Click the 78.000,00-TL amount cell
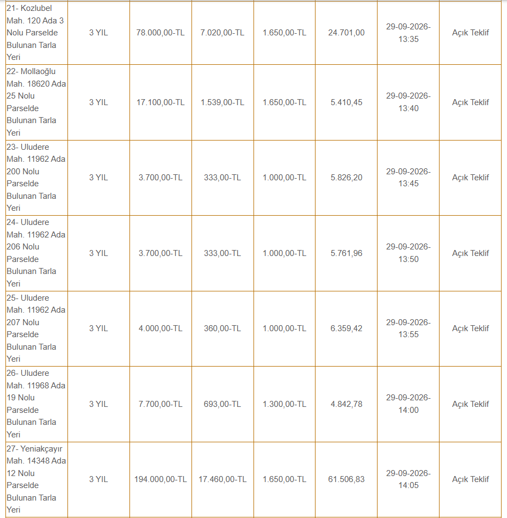160,33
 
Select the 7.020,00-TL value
222,33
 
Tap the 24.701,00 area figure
347,33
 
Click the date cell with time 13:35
409,33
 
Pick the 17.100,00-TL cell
160,102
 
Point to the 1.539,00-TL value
222,102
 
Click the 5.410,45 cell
347,102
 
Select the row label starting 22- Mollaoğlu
36,102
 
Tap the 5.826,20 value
347,178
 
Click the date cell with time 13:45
409,178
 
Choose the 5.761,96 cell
347,253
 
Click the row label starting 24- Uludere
36,253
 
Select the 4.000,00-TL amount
160,328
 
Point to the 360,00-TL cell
222,328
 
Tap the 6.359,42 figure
347,328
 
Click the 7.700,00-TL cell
160,404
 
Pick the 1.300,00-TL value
285,404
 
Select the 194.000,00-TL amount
160,479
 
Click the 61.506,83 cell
347,479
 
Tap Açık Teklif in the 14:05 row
471,479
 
